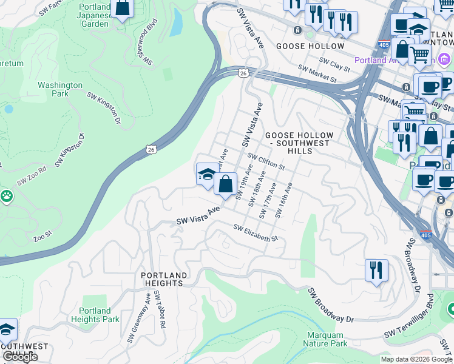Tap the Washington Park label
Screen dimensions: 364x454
coord(60,90)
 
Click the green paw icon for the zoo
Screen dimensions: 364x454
coord(7,195)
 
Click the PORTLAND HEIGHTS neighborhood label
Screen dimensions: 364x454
coord(162,279)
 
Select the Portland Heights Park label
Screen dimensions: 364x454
coord(95,315)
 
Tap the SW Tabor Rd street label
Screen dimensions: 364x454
coord(160,309)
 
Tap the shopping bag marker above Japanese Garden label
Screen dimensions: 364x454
coord(122,8)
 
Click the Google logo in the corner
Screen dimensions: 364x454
coord(20,357)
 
